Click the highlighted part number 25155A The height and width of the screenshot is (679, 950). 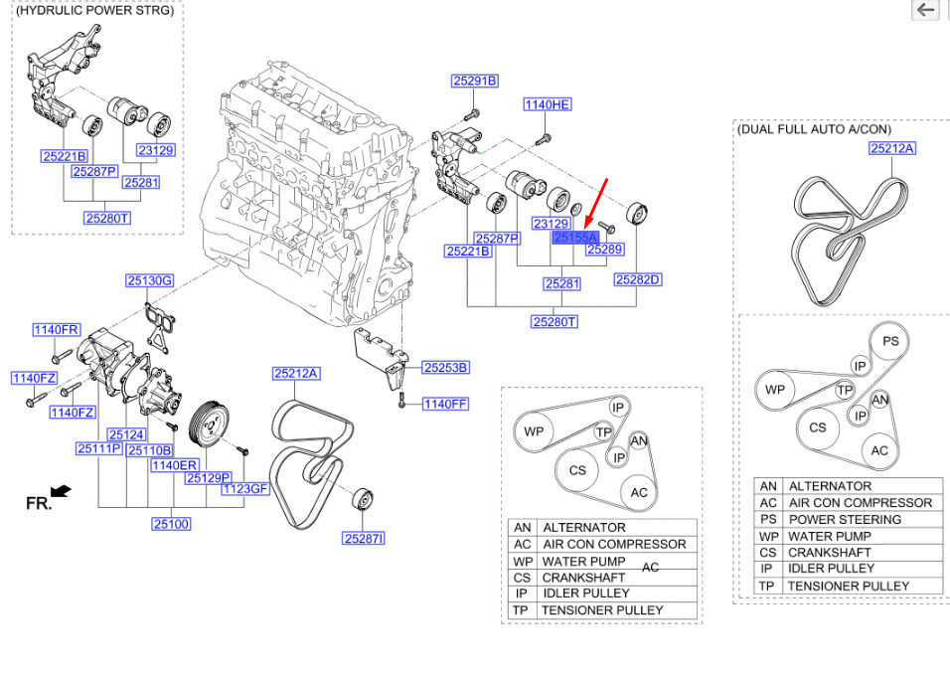(x=575, y=238)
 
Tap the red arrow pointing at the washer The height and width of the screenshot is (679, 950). (x=597, y=204)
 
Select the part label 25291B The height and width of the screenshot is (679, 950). (x=475, y=81)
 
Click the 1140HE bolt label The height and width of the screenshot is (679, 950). (x=548, y=104)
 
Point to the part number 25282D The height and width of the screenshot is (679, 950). (x=638, y=279)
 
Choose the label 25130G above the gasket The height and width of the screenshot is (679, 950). (x=150, y=280)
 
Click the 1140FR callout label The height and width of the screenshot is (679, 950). (x=56, y=330)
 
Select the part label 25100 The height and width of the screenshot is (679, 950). (x=172, y=523)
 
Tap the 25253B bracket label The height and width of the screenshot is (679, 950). (x=445, y=368)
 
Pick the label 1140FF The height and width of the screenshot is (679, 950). (x=445, y=404)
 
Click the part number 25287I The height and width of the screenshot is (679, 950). (x=364, y=538)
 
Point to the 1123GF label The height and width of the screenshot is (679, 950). (x=245, y=489)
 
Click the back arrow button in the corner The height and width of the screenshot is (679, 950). (x=926, y=10)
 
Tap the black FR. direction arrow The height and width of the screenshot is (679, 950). (x=62, y=491)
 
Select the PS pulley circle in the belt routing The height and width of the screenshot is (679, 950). (x=890, y=341)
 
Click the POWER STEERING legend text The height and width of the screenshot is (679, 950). (x=845, y=520)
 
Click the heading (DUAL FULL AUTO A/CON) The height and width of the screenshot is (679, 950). (x=814, y=129)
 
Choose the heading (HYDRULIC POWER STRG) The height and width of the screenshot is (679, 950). (x=94, y=10)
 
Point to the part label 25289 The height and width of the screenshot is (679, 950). (x=604, y=250)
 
